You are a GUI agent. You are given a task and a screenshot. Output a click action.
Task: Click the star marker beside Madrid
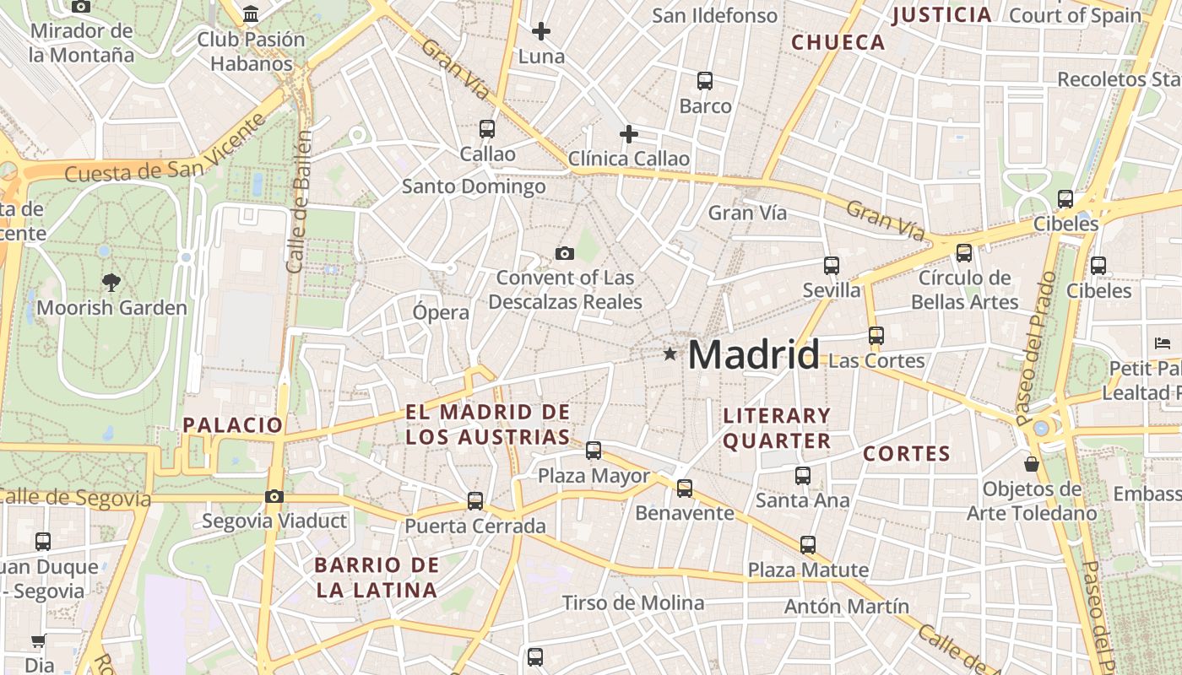[670, 354]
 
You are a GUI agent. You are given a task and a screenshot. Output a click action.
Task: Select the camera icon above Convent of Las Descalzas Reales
[565, 253]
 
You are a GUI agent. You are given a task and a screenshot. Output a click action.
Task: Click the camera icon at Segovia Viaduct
[274, 496]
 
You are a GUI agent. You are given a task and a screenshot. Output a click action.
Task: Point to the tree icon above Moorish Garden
[111, 283]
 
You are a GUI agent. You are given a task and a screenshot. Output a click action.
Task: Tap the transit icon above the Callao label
[487, 129]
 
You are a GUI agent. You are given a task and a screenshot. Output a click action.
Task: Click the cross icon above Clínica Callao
[629, 134]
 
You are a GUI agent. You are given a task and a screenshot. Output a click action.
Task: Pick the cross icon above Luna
[541, 32]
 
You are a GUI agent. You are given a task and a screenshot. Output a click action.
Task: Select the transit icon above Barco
[705, 81]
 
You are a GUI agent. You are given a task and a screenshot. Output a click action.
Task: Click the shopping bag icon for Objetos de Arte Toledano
[1032, 464]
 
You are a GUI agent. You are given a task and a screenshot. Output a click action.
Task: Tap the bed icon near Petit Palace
[1162, 343]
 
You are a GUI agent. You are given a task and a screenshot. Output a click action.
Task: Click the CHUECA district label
[838, 42]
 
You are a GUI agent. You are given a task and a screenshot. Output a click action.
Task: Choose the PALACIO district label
[233, 424]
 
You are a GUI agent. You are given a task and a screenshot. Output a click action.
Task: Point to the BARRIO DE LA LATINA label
[377, 577]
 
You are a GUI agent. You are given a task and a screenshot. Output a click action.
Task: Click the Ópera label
[441, 312]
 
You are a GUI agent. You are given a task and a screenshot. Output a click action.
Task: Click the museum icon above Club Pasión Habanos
[251, 14]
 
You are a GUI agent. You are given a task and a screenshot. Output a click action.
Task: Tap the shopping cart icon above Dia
[38, 641]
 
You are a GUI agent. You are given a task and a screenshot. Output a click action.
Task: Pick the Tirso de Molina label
[633, 602]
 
